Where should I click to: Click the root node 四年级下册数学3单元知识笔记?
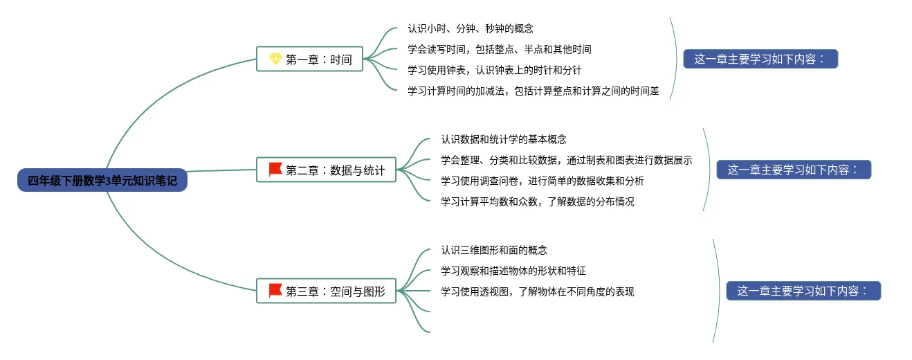pos(102,181)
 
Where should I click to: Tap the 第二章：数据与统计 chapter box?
pos(326,170)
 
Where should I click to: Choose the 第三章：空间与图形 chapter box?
pos(326,291)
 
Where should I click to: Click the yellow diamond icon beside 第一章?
pos(275,59)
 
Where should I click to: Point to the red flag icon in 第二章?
pos(275,169)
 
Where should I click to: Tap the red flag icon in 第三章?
pos(275,290)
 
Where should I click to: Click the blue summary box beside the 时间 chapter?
pos(760,59)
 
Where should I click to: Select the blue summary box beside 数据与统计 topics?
pos(793,170)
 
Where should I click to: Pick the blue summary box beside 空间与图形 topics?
pos(803,291)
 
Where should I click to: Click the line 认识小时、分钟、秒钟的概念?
pos(471,29)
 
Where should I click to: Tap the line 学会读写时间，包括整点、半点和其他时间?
pos(500,50)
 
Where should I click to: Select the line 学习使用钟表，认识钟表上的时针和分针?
pos(495,70)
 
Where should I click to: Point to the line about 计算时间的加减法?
pos(533,91)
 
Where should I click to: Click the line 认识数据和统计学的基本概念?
pos(504,140)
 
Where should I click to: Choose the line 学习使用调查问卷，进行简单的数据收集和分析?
pos(542,181)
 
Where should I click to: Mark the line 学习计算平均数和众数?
pos(538,201)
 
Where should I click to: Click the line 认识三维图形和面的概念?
pos(494,250)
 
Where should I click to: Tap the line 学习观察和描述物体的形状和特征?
pos(513,271)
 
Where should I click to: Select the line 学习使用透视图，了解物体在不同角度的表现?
pos(538,291)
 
